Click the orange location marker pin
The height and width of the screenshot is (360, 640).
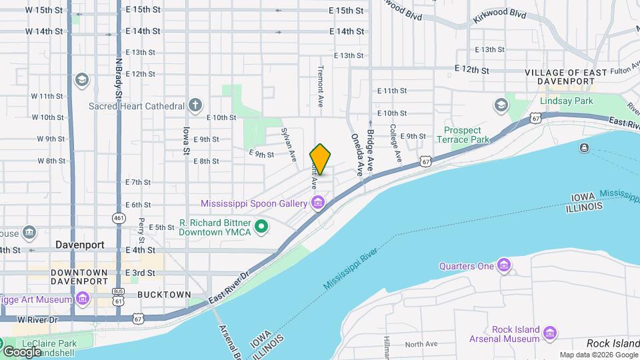click(320, 160)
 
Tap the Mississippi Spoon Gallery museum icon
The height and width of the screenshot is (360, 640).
click(318, 202)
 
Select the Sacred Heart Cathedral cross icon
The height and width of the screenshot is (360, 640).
click(195, 105)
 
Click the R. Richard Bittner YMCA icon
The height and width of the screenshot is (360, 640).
click(262, 228)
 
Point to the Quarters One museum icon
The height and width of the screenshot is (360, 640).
click(505, 267)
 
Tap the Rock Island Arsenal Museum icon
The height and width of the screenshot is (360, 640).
click(550, 333)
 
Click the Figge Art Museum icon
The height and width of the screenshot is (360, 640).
click(83, 298)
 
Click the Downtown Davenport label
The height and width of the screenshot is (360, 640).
click(79, 277)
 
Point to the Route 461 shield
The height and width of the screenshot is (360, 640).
click(119, 217)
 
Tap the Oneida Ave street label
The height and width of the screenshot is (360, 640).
click(357, 153)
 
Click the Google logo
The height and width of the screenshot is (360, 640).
click(22, 351)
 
